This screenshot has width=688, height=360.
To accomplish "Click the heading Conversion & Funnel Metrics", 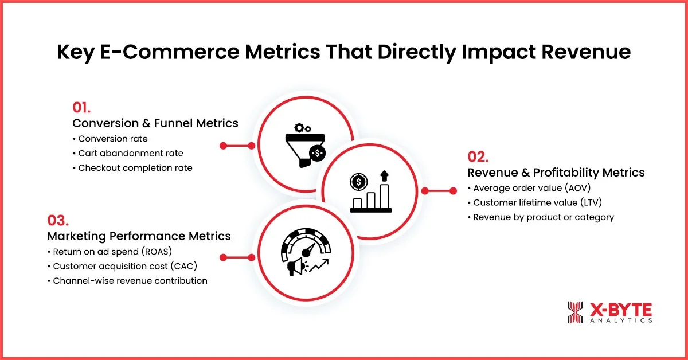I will point(155,123).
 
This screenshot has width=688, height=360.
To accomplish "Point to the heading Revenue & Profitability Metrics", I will point(556,173).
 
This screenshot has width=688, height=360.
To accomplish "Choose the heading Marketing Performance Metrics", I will point(139,236).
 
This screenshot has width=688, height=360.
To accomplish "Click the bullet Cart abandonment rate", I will point(131,153).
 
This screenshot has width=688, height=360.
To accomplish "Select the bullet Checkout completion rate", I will point(135,168).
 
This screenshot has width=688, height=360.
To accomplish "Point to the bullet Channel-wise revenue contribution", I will point(130,281).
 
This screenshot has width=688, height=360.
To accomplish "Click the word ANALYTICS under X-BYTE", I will point(620,320).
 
